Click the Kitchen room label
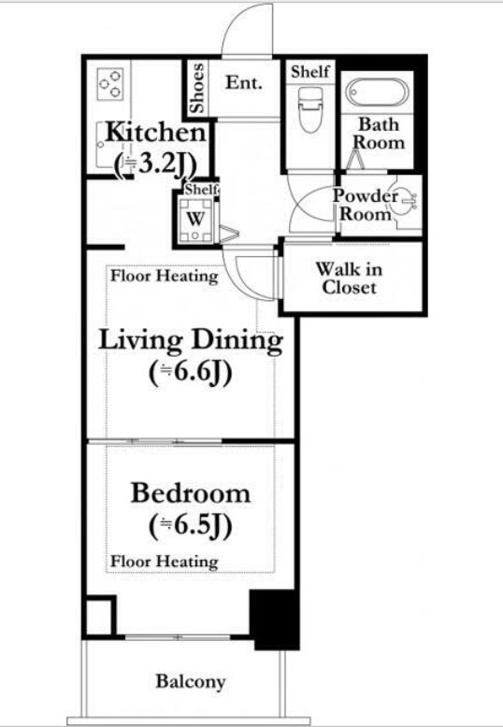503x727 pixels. tap(155, 132)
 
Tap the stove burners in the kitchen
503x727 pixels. tap(111, 84)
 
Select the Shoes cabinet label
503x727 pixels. tap(197, 88)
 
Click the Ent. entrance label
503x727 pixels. tap(244, 82)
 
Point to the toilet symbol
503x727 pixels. tap(310, 109)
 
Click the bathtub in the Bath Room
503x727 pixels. tap(378, 93)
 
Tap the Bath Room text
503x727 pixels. tap(379, 133)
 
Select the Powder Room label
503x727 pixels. tap(365, 205)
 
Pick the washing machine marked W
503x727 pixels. tap(195, 219)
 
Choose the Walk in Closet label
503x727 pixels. tap(349, 278)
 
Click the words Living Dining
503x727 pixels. tap(191, 341)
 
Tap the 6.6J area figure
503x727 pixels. tap(191, 374)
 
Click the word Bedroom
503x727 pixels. tap(191, 492)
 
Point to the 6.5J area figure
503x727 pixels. tap(191, 526)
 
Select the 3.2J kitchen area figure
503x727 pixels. tap(155, 164)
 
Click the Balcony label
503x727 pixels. tap(191, 681)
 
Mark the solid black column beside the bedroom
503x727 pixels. tap(275, 620)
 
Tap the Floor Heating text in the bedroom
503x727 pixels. tap(165, 562)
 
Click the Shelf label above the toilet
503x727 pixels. tap(310, 71)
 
